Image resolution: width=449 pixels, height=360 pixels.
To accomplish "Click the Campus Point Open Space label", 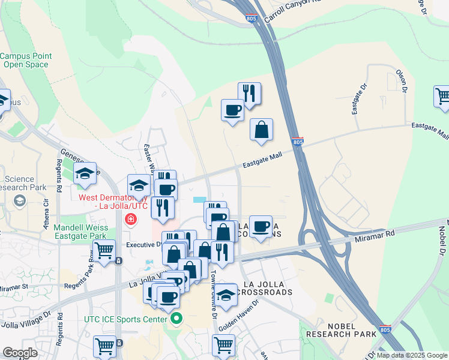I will click(26, 60).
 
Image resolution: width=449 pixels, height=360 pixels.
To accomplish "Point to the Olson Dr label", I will click(402, 82).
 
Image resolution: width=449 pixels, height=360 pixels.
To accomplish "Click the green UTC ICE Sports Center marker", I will click(175, 319).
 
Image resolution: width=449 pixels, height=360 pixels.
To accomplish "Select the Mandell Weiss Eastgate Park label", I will click(81, 232).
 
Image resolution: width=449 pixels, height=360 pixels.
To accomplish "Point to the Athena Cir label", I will click(46, 208).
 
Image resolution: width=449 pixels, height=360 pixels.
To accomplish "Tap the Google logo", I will click(20, 353).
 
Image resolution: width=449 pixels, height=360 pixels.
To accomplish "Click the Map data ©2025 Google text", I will click(412, 355).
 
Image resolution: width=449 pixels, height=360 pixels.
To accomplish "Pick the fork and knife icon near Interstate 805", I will click(249, 93).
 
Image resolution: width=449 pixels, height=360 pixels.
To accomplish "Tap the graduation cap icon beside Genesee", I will click(85, 174).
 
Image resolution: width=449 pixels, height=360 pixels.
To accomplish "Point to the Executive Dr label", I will click(145, 245).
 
